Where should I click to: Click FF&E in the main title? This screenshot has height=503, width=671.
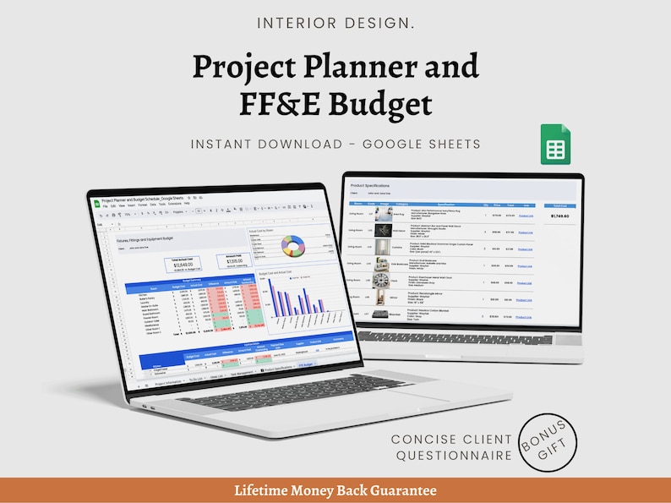tap(277, 105)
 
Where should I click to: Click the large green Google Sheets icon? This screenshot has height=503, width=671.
tap(555, 145)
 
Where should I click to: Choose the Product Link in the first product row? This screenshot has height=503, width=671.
tap(525, 216)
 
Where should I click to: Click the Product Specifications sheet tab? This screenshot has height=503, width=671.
tap(272, 369)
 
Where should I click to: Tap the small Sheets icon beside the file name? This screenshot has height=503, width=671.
tap(96, 201)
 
